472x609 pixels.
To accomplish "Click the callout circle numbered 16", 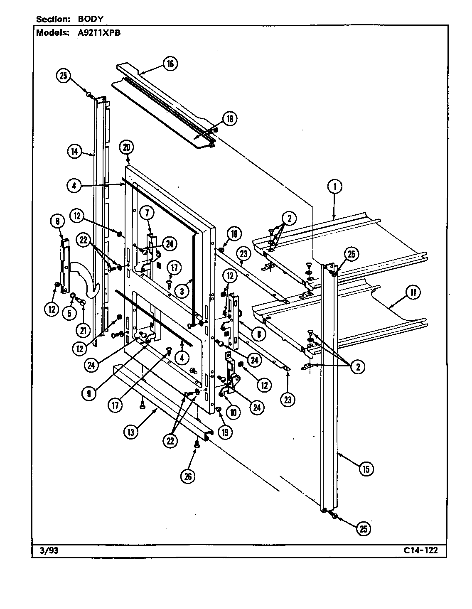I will pyautogui.click(x=170, y=64).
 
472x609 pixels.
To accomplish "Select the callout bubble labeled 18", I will pyautogui.click(x=229, y=118).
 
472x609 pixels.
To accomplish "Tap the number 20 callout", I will pyautogui.click(x=127, y=147).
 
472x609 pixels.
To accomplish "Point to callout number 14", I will pyautogui.click(x=75, y=152).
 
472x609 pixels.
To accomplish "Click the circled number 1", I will pyautogui.click(x=334, y=187).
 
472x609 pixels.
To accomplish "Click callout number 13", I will pyautogui.click(x=131, y=432).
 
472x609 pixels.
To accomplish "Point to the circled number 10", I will pyautogui.click(x=233, y=412).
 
